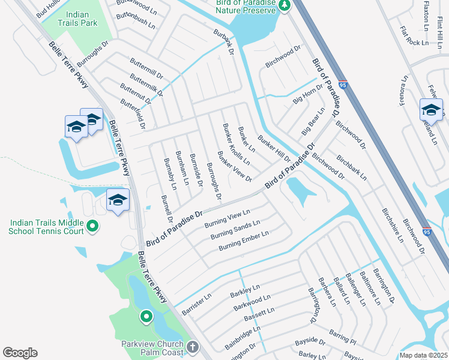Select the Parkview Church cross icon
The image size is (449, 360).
pyautogui.click(x=192, y=347)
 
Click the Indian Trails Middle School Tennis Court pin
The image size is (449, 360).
pyautogui.click(x=92, y=226)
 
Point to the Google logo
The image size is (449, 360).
pyautogui.click(x=20, y=352)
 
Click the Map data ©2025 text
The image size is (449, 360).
pyautogui.click(x=423, y=355)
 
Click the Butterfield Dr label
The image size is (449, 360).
pyautogui.click(x=133, y=114)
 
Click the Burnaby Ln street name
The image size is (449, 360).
pyautogui.click(x=170, y=174)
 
